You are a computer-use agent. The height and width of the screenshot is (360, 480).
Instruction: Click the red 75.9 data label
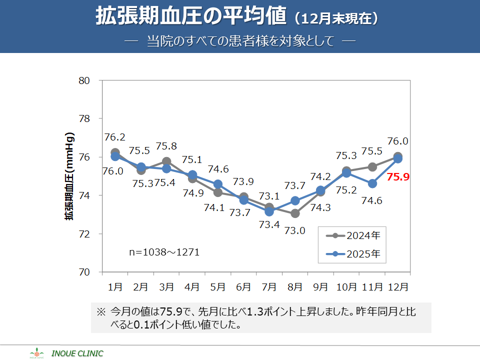point(398,176)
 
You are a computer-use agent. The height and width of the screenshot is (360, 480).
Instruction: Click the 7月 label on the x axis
point(269,287)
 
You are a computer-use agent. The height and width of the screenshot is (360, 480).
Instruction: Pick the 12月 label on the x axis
point(397,287)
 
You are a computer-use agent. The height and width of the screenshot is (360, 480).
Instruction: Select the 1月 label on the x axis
point(115,287)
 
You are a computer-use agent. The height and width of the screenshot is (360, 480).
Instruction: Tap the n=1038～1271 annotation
point(164,252)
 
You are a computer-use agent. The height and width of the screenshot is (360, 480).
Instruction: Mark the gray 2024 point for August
point(295,213)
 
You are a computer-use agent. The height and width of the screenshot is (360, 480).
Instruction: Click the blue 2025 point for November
point(372,183)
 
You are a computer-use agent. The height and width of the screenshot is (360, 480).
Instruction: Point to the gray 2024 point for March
point(166,161)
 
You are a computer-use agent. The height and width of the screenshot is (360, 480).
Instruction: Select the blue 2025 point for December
point(398,159)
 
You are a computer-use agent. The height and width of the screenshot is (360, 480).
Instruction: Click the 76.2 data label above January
point(114,137)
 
